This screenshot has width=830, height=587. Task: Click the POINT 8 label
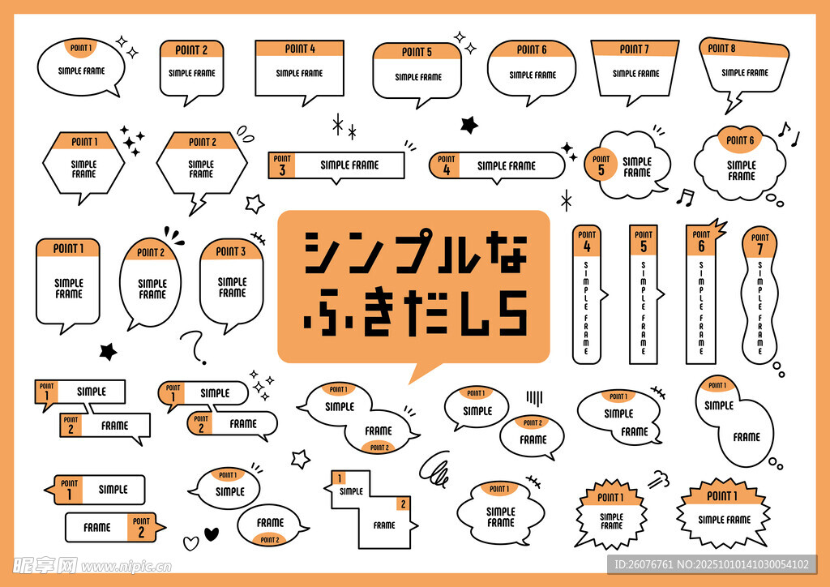click(721, 48)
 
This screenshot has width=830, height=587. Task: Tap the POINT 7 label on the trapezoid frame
click(634, 49)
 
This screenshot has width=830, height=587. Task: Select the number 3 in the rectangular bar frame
click(282, 170)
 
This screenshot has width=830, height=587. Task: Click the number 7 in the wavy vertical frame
click(759, 249)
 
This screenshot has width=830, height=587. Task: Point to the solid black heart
click(212, 533)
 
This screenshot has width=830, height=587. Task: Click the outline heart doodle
click(190, 543)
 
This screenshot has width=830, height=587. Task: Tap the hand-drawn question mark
click(195, 347)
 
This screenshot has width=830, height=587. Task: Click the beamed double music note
click(685, 196)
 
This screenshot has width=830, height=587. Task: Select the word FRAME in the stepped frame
click(384, 525)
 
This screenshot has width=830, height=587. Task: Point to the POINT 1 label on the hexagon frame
click(84, 141)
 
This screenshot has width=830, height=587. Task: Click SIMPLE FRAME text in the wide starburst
click(724, 520)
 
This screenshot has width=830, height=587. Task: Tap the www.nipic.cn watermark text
click(126, 567)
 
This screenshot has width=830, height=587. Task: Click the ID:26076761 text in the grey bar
click(643, 565)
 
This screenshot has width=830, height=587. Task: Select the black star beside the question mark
click(108, 351)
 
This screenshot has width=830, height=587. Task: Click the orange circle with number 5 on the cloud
click(601, 165)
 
